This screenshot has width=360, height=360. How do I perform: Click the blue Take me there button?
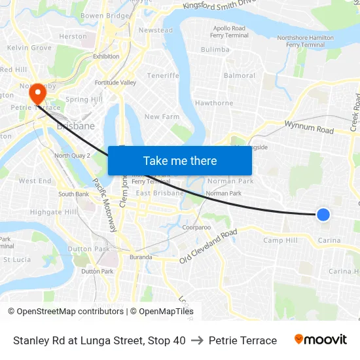180,160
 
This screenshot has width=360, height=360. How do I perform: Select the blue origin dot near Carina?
323,214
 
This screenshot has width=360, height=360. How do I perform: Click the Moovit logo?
321,340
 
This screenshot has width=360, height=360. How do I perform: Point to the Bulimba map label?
215,50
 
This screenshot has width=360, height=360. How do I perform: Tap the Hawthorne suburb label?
214,103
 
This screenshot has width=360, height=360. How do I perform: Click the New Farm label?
162,117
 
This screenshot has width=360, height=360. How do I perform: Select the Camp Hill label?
280,241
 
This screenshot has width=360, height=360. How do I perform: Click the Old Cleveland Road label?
208,247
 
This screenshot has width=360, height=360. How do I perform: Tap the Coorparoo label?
196,227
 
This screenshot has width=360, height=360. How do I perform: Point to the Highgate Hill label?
53,212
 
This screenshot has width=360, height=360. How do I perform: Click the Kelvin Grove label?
29,48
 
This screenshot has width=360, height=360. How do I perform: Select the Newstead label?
156,31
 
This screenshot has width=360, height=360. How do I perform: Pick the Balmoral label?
240,76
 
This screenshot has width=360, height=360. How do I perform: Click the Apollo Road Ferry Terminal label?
229,32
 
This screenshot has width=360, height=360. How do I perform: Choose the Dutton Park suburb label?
80,249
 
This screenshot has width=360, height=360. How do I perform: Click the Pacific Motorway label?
104,205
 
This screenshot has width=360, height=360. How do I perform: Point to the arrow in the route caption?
197,340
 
